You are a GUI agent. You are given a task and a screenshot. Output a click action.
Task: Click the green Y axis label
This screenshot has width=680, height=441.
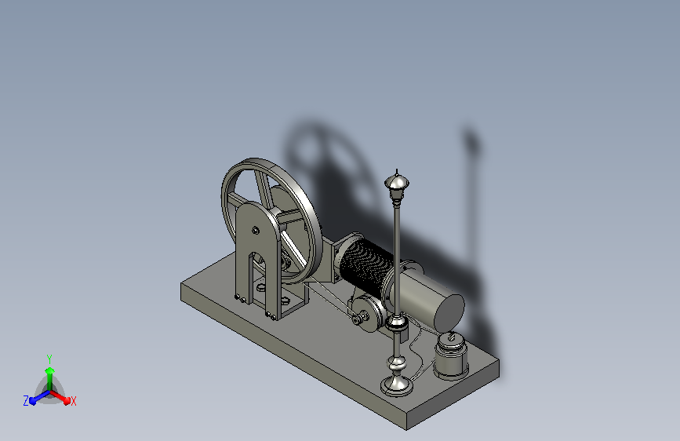click(49, 359)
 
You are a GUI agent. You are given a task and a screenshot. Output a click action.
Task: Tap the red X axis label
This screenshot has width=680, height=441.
click(73, 401)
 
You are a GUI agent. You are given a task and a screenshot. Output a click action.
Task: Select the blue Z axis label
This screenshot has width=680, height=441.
click(26, 401)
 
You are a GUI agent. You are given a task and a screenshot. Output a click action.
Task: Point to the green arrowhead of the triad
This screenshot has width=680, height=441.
click(50, 371)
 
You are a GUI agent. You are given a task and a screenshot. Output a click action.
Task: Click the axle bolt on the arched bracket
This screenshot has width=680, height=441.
click(256, 230)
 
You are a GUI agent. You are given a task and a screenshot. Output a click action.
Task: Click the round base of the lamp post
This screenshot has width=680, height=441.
click(397, 385)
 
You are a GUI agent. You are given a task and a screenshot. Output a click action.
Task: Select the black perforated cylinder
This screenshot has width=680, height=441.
click(366, 265)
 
